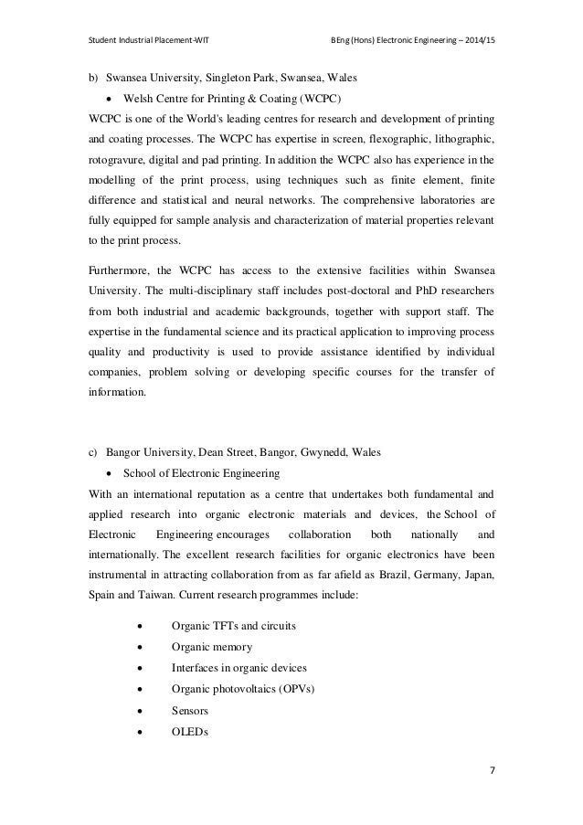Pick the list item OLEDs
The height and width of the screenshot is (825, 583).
point(191,733)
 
